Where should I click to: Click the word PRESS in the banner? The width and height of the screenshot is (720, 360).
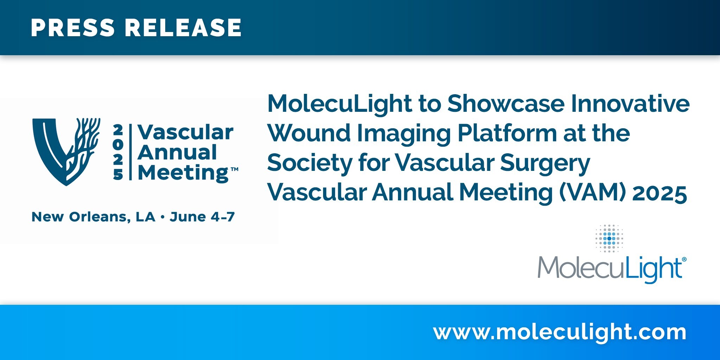(73, 28)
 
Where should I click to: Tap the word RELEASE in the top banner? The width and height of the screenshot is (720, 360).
(183, 28)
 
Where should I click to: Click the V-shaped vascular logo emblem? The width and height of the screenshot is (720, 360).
(66, 152)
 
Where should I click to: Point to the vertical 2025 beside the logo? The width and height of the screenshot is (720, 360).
(118, 152)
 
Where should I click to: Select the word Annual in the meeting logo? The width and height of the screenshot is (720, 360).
(177, 152)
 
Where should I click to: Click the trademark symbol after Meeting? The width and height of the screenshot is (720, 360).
(234, 169)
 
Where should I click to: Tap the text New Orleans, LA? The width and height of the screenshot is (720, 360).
(94, 217)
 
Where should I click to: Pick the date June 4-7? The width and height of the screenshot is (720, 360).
(202, 217)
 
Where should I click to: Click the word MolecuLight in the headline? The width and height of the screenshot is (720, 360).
(340, 104)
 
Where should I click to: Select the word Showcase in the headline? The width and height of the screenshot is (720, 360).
(506, 104)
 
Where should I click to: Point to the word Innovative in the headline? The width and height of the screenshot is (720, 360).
(630, 104)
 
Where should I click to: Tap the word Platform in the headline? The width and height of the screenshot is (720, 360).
(507, 133)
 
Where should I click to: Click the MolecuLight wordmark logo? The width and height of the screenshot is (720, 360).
(612, 269)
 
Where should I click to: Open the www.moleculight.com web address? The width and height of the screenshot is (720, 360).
(560, 332)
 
